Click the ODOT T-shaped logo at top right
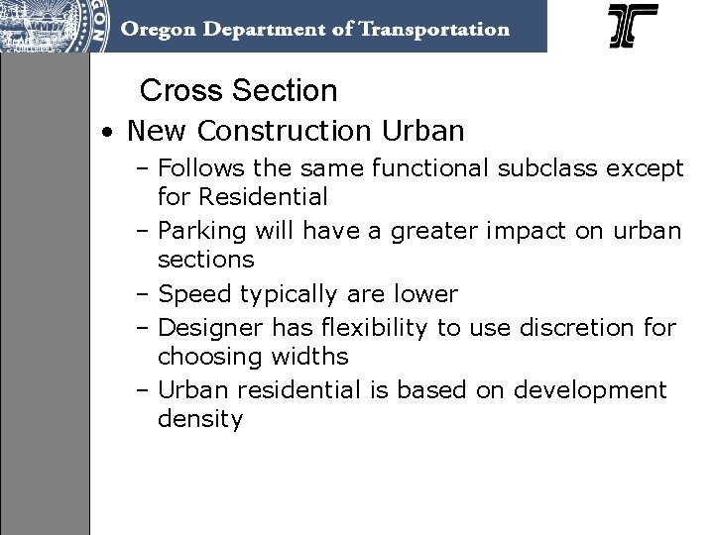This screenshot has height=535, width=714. (x=633, y=27)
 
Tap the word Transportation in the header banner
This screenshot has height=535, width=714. (x=429, y=29)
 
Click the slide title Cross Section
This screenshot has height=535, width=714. (x=238, y=91)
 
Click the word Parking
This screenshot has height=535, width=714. (x=201, y=232)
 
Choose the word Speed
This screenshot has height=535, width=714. (x=191, y=294)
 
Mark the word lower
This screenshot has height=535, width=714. (x=426, y=294)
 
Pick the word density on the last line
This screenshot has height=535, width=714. (x=199, y=419)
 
